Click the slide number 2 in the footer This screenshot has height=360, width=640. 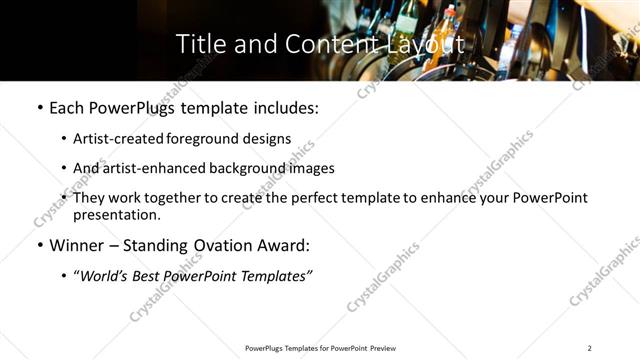pyautogui.click(x=589, y=348)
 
